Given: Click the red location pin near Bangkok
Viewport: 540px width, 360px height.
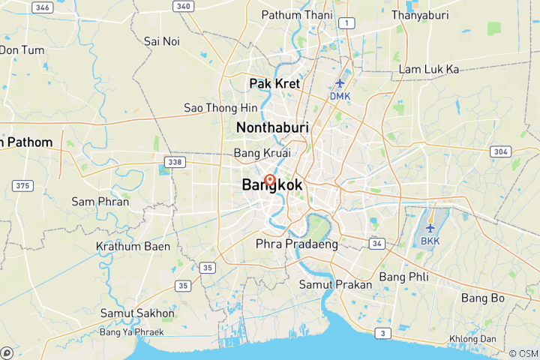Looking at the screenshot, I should click(269, 181).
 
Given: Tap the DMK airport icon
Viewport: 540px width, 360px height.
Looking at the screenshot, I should click(340, 82).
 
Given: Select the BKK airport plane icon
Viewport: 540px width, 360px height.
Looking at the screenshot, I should click(430, 227).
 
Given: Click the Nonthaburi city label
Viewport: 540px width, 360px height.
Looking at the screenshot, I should click(272, 128).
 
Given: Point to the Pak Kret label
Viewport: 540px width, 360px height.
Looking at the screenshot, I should click(274, 83).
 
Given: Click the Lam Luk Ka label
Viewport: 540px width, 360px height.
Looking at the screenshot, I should click(428, 69).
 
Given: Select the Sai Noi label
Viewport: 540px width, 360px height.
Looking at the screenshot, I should click(162, 40).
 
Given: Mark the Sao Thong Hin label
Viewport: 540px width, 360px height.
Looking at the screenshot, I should click(221, 108).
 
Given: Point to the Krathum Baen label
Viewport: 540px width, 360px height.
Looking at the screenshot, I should click(133, 246).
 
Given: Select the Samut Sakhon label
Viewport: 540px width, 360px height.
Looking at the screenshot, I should click(138, 313).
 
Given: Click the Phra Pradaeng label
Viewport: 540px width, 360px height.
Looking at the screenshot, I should click(297, 244).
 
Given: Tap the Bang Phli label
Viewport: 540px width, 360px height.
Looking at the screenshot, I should click(404, 277).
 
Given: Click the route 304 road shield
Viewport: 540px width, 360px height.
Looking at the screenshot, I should click(500, 151).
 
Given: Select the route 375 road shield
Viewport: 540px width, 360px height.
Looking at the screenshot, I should click(23, 186).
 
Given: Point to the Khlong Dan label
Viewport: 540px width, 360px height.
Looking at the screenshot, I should click(494, 337).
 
